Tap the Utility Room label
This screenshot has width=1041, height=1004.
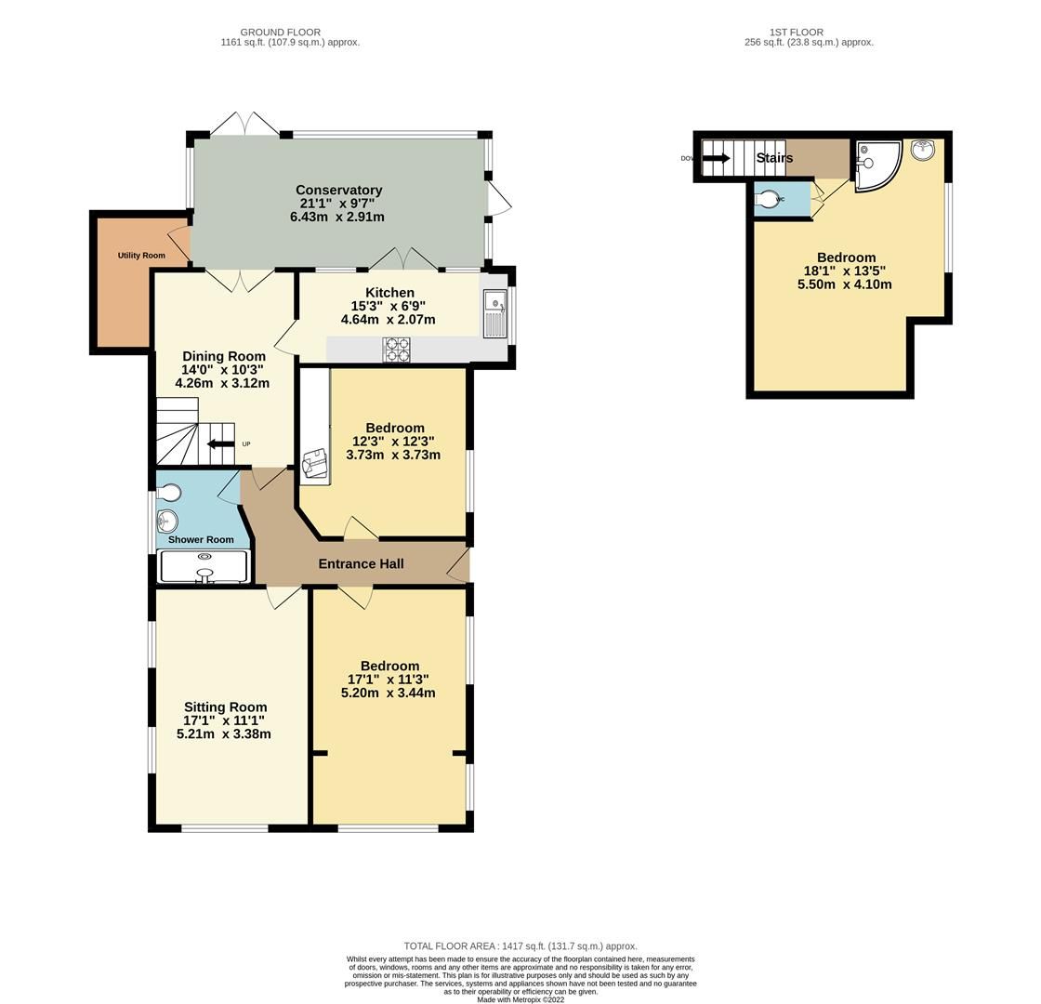tap(141, 256)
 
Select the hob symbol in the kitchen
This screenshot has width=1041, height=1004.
tap(397, 350)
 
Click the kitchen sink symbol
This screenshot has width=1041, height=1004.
tap(494, 313)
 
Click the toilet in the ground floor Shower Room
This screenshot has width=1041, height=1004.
tap(169, 491)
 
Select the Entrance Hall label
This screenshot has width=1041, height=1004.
tap(361, 563)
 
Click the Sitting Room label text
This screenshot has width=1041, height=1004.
tap(225, 707)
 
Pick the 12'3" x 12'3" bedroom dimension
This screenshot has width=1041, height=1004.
tap(393, 442)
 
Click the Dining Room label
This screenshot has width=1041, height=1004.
tap(223, 356)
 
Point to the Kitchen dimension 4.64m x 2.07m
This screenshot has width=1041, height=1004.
tap(389, 320)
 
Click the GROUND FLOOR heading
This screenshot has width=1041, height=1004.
tap(280, 32)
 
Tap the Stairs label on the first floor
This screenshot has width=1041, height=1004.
tap(774, 158)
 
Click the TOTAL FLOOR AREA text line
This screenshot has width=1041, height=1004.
tap(520, 946)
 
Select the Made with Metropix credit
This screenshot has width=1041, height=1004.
tap(520, 999)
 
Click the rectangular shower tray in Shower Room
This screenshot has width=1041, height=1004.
tap(204, 567)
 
